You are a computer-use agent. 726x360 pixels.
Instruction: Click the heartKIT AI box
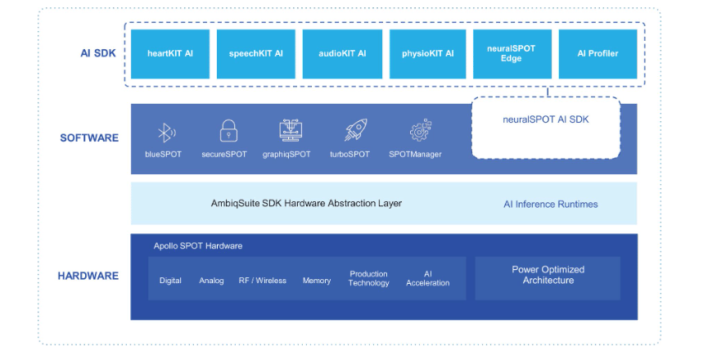[x=170, y=54]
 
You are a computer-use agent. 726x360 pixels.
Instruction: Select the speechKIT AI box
[x=255, y=54]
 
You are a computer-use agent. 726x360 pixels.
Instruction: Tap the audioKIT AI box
[x=342, y=54]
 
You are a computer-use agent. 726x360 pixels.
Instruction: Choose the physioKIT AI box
[x=427, y=54]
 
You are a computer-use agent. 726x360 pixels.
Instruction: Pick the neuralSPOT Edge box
[x=512, y=54]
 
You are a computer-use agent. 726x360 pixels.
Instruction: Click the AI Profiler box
[x=597, y=54]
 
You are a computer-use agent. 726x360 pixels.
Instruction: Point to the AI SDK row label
[x=97, y=54]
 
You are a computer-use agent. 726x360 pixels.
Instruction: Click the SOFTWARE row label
[x=89, y=138]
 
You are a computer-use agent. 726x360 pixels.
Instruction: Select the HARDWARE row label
[x=88, y=277]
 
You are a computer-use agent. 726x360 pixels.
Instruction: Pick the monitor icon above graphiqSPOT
[x=290, y=131]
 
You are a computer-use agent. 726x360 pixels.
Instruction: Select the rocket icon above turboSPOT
[x=354, y=131]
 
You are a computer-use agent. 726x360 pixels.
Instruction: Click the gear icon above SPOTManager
[x=420, y=131]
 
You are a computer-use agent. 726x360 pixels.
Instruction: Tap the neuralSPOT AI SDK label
[x=545, y=119]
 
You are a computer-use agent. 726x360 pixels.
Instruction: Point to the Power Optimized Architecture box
[x=548, y=276]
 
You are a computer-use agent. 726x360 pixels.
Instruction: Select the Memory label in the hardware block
[x=317, y=281]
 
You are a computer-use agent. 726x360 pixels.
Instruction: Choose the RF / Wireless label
[x=262, y=281]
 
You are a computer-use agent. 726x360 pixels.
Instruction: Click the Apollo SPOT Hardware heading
[x=198, y=246]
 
